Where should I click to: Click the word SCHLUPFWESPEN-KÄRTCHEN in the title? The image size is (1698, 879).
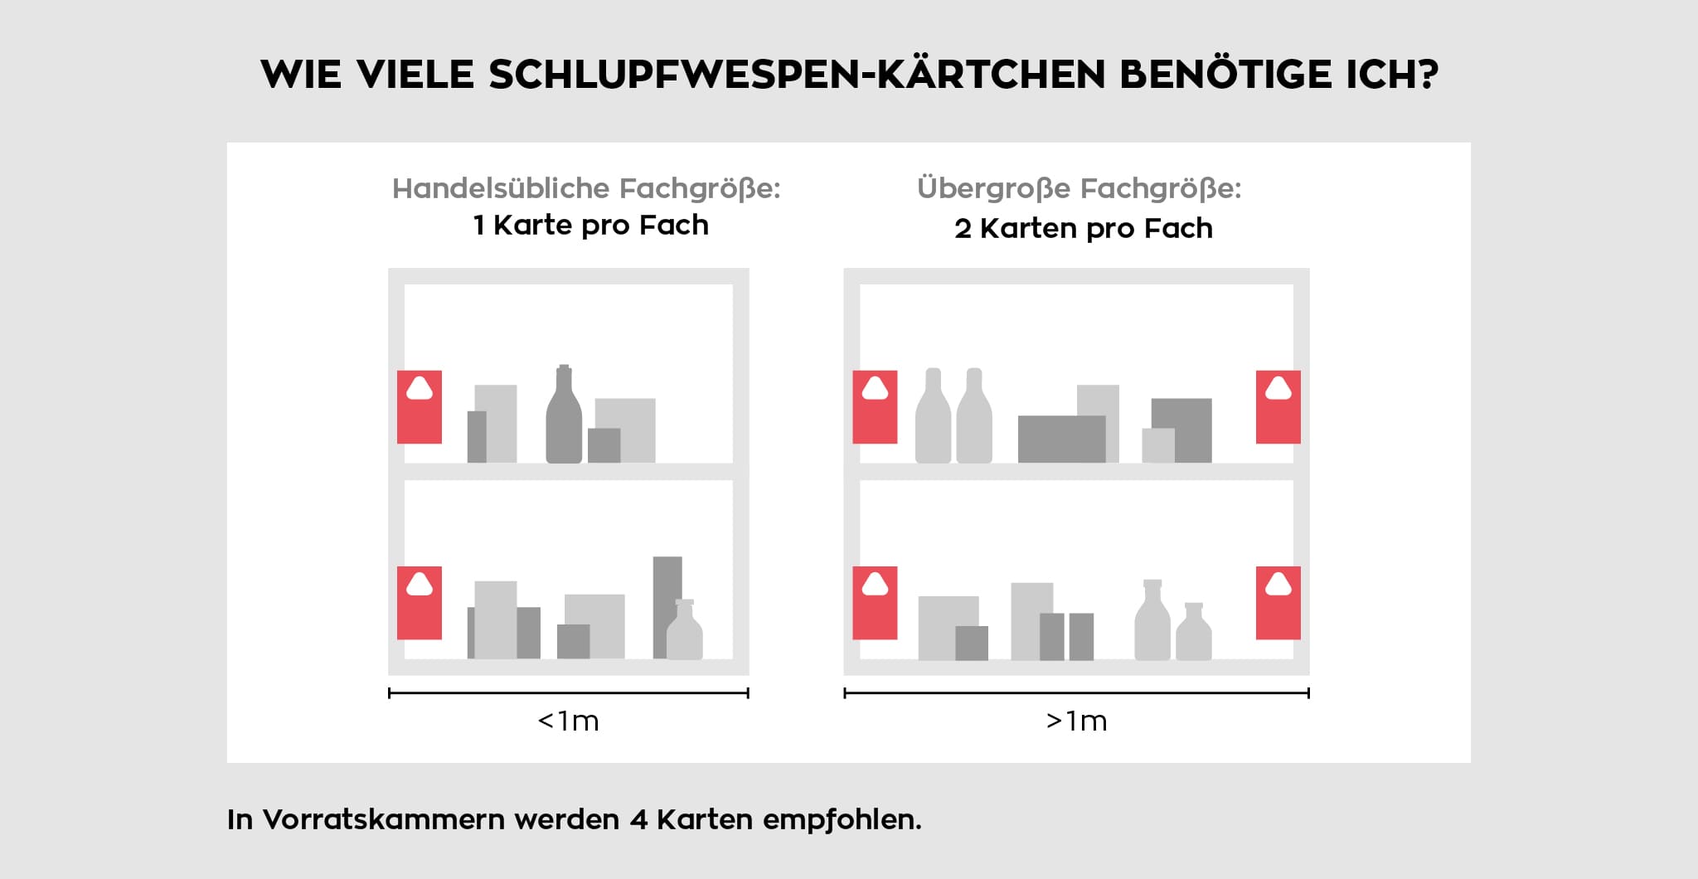(796, 75)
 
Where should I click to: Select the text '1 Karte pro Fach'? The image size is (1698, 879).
(590, 226)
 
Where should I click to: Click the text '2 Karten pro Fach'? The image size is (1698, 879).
(1083, 228)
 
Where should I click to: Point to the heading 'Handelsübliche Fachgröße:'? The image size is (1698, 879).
(586, 188)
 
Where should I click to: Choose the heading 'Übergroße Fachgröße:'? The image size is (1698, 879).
(1079, 188)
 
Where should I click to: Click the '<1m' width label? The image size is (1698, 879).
(568, 721)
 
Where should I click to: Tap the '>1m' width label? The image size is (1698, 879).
(1076, 721)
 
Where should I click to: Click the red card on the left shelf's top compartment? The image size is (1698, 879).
(420, 407)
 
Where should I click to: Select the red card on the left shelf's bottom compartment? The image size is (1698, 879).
(420, 603)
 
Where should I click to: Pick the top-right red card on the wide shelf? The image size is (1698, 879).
(1278, 407)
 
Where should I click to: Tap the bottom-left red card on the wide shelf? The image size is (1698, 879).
(875, 603)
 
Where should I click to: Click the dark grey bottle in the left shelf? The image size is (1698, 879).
(564, 419)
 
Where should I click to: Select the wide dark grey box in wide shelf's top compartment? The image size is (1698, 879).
(1061, 439)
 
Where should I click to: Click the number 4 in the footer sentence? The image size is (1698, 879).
(638, 819)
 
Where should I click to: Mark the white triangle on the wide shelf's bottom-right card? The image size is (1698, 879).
(1278, 585)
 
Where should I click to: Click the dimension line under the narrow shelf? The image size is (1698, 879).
(568, 693)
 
